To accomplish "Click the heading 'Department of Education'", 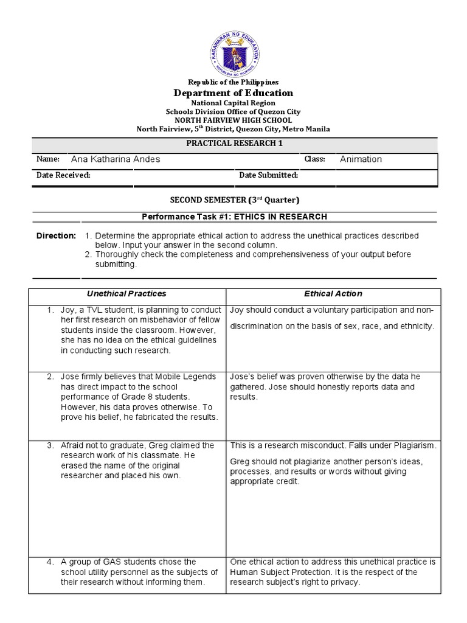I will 233,93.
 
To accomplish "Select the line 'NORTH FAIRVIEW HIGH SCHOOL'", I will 233,120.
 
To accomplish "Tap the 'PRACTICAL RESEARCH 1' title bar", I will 233,144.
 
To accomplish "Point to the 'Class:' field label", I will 315,159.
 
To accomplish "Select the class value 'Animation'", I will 361,159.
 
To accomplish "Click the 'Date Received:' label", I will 63,175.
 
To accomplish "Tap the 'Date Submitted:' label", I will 268,175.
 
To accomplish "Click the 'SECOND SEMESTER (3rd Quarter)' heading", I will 233,200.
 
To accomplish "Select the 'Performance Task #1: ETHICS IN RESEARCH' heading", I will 233,217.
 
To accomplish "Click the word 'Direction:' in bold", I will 56,235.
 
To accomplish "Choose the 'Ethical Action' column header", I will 333,294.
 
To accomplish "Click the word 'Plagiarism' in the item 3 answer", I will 415,446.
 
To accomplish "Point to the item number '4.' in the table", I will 51,562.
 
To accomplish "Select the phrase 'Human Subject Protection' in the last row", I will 280,573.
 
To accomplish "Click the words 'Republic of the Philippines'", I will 233,82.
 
